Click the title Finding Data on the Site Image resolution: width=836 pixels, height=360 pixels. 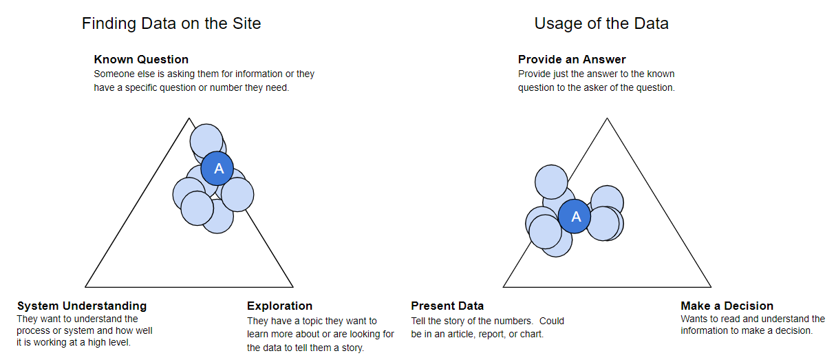(171, 23)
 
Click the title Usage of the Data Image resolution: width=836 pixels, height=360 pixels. (601, 23)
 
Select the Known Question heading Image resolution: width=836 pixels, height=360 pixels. (141, 59)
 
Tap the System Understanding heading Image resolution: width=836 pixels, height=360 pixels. (82, 306)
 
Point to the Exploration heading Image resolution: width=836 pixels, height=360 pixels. (279, 306)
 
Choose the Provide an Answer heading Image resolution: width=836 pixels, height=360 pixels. (572, 59)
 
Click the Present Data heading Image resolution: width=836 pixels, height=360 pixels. (447, 306)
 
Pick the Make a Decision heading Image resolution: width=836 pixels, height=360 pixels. (727, 306)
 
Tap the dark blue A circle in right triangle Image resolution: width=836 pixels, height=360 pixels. (576, 217)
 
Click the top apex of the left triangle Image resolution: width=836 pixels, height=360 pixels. (189, 119)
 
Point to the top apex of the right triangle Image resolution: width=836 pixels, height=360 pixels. (607, 119)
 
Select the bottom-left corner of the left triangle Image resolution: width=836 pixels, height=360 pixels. (86, 286)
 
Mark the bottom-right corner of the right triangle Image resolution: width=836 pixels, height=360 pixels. (710, 286)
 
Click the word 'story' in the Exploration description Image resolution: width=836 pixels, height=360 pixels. (350, 348)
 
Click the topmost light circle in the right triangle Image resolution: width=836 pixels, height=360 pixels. (551, 182)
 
